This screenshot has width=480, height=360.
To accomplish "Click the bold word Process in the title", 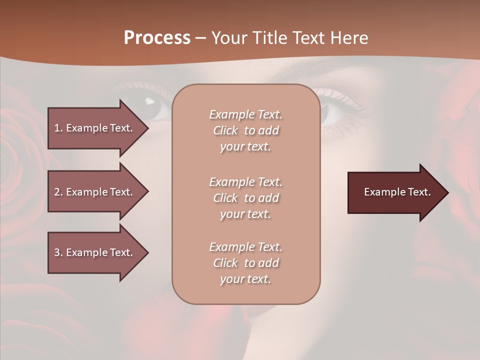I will [157, 38].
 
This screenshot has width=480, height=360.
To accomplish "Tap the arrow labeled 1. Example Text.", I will [95, 128].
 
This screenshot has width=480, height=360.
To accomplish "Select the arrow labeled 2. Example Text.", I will [95, 192].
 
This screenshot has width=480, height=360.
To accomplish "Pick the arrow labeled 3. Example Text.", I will [95, 252].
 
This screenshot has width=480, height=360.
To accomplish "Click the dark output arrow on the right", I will [395, 192].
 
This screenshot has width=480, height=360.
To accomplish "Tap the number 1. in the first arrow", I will [58, 128].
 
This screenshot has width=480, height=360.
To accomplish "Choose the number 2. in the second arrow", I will [58, 192].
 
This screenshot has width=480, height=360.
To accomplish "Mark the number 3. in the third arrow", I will [58, 252].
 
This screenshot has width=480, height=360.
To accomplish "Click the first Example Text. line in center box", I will [245, 114].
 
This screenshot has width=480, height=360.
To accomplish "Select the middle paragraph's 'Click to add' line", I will [245, 198].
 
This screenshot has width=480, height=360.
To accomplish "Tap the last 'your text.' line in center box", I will [245, 279].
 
